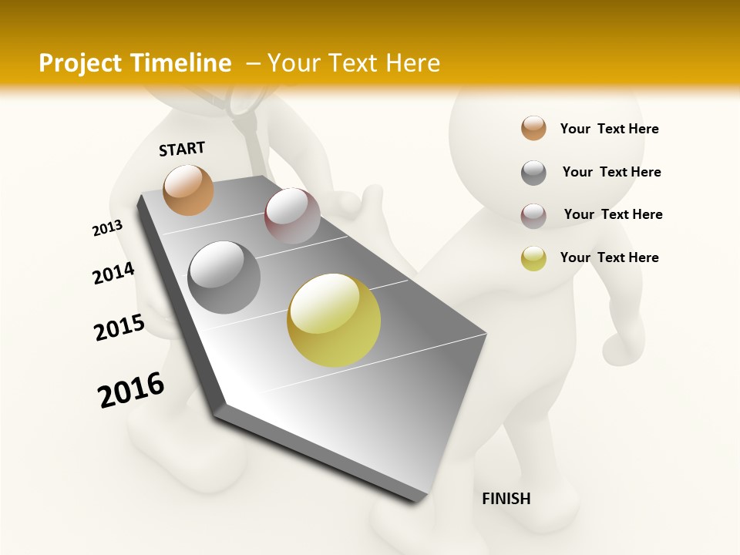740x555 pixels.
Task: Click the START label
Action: point(182,149)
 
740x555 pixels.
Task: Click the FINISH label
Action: point(506,499)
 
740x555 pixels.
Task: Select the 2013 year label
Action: point(107,228)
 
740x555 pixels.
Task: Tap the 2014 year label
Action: point(113,273)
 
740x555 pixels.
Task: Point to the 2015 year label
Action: point(119,328)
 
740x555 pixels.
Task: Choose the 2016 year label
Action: point(131,390)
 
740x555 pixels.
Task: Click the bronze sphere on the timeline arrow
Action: point(189,190)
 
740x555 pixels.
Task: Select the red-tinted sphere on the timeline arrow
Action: point(292,216)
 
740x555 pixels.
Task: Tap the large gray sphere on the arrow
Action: point(224,277)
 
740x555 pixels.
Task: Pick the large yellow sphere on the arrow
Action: point(334,320)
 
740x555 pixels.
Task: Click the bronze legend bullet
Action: point(533,129)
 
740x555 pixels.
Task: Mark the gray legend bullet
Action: point(533,173)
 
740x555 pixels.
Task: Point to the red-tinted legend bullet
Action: point(533,216)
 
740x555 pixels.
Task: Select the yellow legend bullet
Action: point(533,258)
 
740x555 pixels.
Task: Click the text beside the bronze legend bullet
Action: point(609,129)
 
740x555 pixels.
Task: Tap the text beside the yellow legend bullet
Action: point(609,257)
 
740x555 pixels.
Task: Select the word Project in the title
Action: point(80,63)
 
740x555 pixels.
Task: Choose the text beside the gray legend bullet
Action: point(611,172)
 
